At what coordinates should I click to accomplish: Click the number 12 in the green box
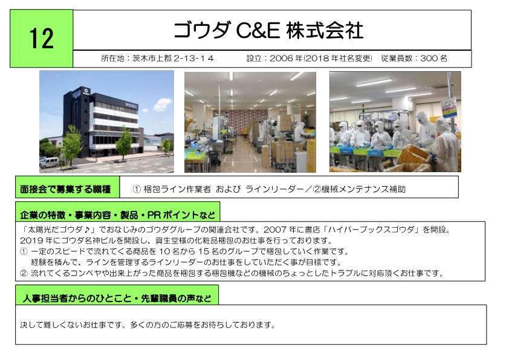(42, 39)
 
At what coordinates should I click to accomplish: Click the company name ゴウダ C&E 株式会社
(268, 30)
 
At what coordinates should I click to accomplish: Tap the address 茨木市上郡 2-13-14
(173, 59)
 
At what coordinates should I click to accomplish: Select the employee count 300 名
(433, 59)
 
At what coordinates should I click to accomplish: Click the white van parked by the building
(49, 162)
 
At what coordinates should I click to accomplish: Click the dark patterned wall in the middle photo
(241, 121)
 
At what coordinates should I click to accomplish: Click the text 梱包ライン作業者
(177, 189)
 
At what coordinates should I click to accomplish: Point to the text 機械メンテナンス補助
(363, 189)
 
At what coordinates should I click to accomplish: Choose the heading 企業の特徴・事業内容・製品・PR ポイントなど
(117, 215)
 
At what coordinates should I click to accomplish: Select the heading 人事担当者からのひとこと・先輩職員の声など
(117, 298)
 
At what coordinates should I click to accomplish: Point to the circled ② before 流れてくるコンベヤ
(24, 273)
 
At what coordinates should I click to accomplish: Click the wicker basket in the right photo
(414, 155)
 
